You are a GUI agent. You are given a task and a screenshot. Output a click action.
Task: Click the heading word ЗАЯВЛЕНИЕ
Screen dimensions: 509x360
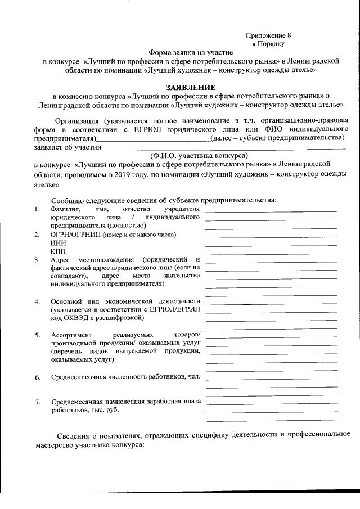tap(190, 87)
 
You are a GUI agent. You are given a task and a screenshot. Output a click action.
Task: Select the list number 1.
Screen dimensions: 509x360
tap(37, 210)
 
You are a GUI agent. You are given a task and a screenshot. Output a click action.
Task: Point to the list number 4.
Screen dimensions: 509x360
tap(37, 301)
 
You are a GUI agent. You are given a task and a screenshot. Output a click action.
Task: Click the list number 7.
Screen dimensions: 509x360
tap(37, 402)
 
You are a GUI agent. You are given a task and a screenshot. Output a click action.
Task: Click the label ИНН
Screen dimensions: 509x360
tap(58, 242)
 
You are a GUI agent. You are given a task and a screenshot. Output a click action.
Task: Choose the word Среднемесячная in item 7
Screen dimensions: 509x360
tap(79, 402)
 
